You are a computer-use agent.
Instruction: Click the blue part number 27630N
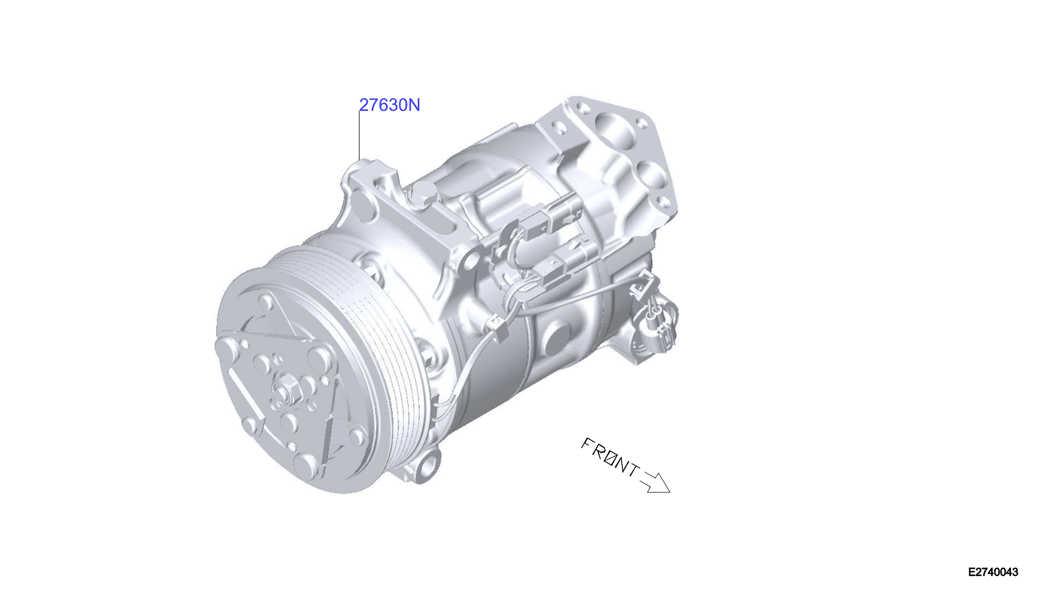pos(389,105)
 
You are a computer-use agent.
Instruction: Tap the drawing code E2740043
pos(993,572)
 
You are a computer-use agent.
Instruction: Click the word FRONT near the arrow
pos(611,458)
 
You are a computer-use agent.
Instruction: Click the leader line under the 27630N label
pos(359,135)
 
